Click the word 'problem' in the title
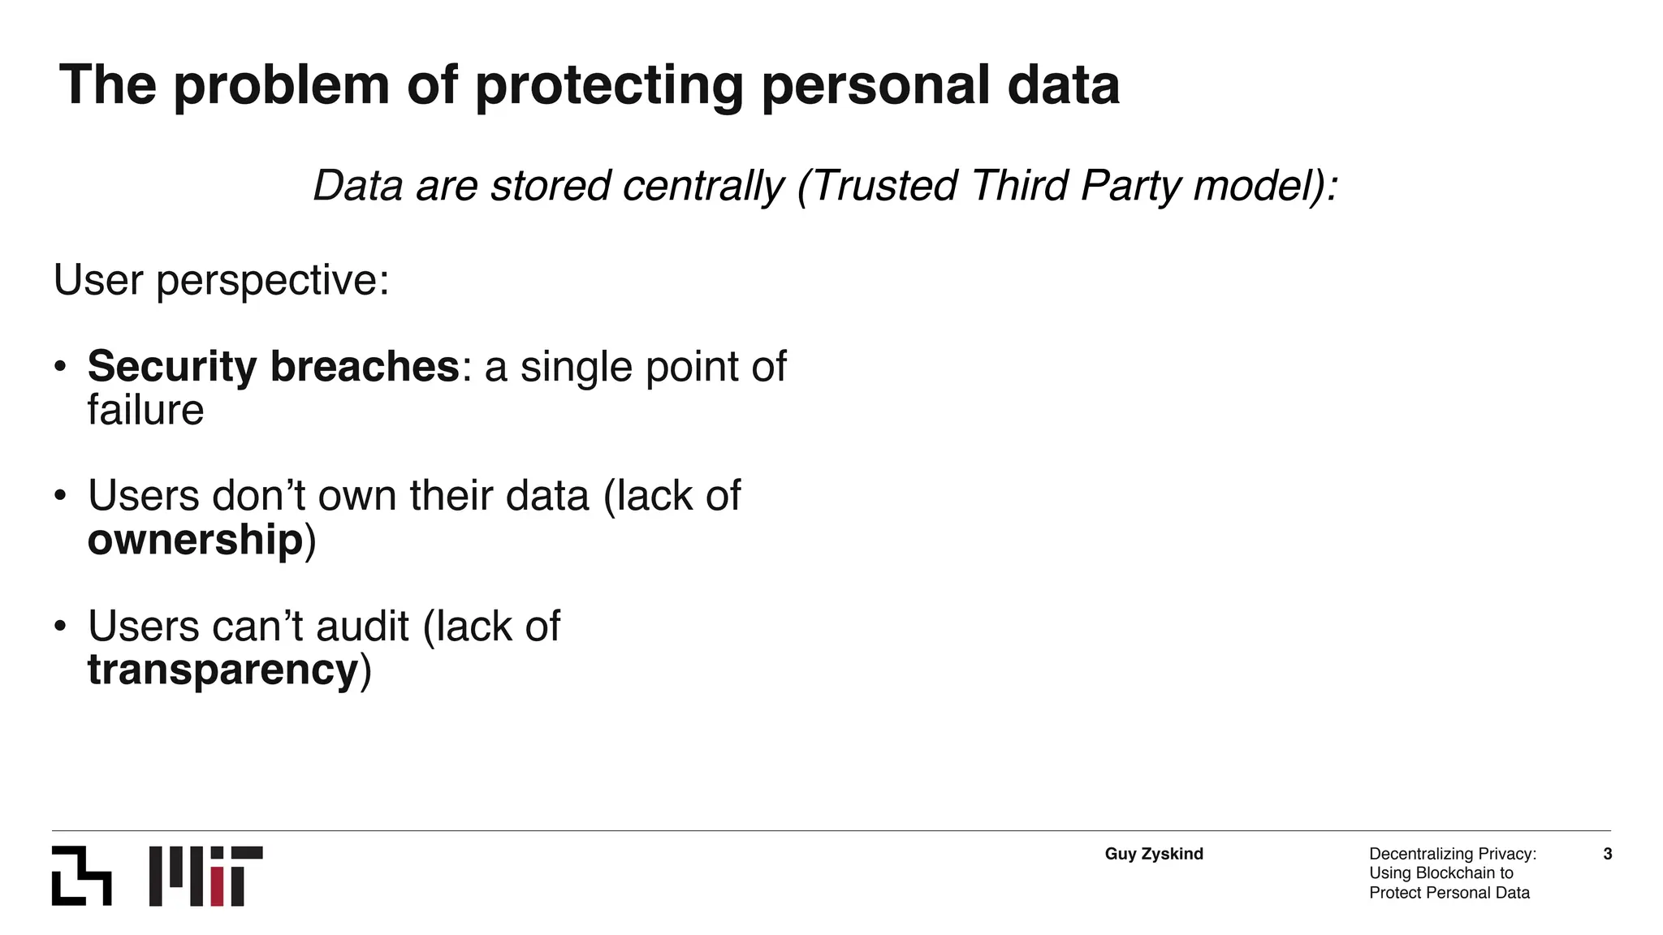281,85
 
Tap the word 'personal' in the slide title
875,85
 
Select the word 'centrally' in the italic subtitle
703,186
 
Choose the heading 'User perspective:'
221,280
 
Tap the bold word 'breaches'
365,366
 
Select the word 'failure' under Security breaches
145,410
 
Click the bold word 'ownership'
195,540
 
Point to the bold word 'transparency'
222,670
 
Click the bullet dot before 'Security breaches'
60,367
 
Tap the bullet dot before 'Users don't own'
60,496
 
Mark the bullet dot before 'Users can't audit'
60,627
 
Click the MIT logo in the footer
206,876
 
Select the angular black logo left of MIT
81,876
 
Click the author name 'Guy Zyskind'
1154,854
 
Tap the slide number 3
1608,854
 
